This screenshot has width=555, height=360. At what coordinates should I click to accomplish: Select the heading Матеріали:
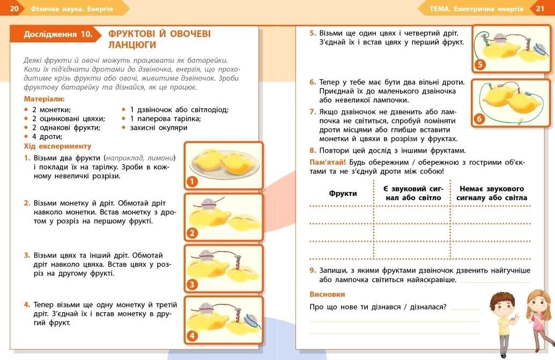[x=45, y=99]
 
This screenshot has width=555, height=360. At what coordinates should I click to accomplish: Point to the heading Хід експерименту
[x=58, y=146]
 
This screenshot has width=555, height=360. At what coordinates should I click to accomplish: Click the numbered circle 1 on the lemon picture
[x=192, y=182]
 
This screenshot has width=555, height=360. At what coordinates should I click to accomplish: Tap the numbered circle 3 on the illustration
[x=192, y=284]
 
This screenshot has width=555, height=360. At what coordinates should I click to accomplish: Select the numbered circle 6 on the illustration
[x=479, y=119]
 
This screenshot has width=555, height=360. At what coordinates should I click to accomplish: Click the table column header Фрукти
[x=343, y=193]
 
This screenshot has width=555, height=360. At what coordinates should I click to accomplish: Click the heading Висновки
[x=327, y=294]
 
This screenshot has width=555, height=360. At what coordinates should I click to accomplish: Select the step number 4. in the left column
[x=27, y=304]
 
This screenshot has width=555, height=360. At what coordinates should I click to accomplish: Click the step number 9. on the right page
[x=313, y=270]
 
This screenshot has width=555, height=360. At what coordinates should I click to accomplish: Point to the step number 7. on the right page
[x=313, y=112]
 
